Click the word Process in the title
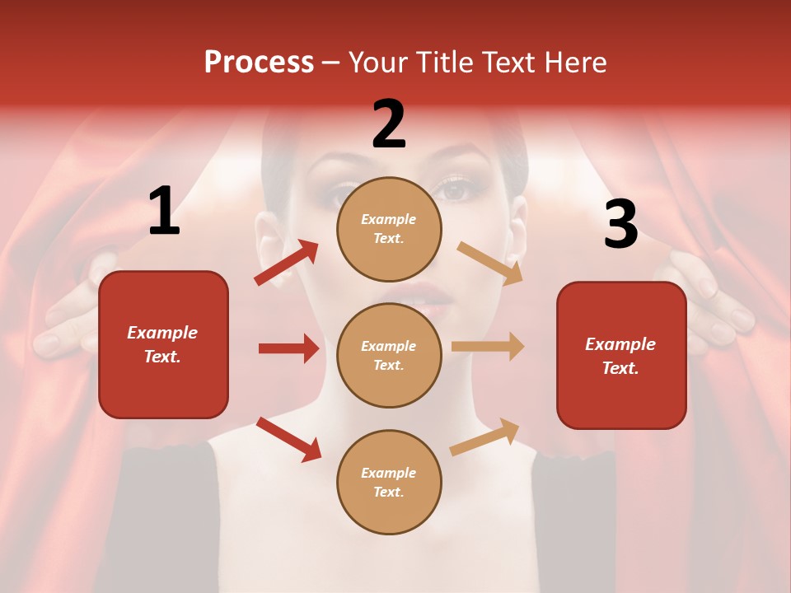[259, 63]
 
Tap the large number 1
[163, 212]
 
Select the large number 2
[389, 124]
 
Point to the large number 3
[620, 224]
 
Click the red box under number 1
[163, 344]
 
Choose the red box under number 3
[621, 355]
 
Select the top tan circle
[389, 229]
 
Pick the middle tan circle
[389, 355]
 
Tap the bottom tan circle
[389, 482]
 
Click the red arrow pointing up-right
[287, 263]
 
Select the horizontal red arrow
[288, 348]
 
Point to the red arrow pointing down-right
[288, 439]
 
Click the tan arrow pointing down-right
[489, 263]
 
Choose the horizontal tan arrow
[488, 346]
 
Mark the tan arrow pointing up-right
[484, 437]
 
